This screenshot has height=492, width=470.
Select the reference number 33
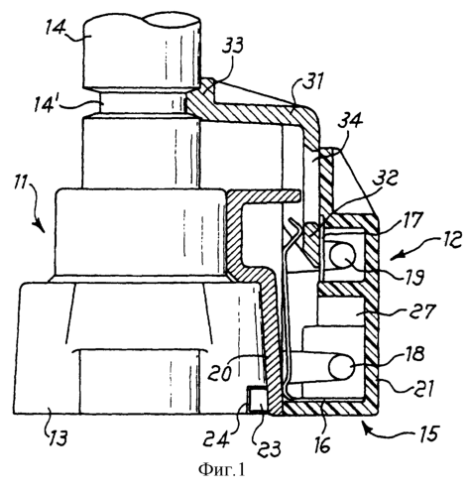[232, 47]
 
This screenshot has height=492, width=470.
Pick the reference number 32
[385, 180]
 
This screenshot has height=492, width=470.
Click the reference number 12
[450, 239]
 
